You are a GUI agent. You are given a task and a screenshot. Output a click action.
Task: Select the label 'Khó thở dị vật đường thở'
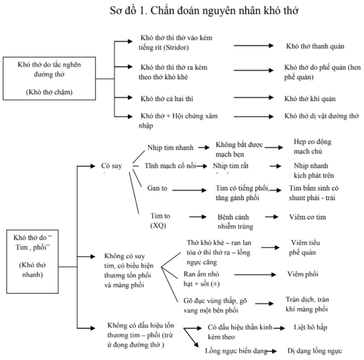tap(321, 116)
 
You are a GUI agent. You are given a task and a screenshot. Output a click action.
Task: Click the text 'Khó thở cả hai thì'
tap(171, 99)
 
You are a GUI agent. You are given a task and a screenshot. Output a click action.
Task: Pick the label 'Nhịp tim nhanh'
tap(170, 147)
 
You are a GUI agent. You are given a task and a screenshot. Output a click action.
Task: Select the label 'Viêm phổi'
tap(303, 274)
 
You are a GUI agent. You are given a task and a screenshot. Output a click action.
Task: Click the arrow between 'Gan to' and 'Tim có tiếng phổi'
tap(187, 190)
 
